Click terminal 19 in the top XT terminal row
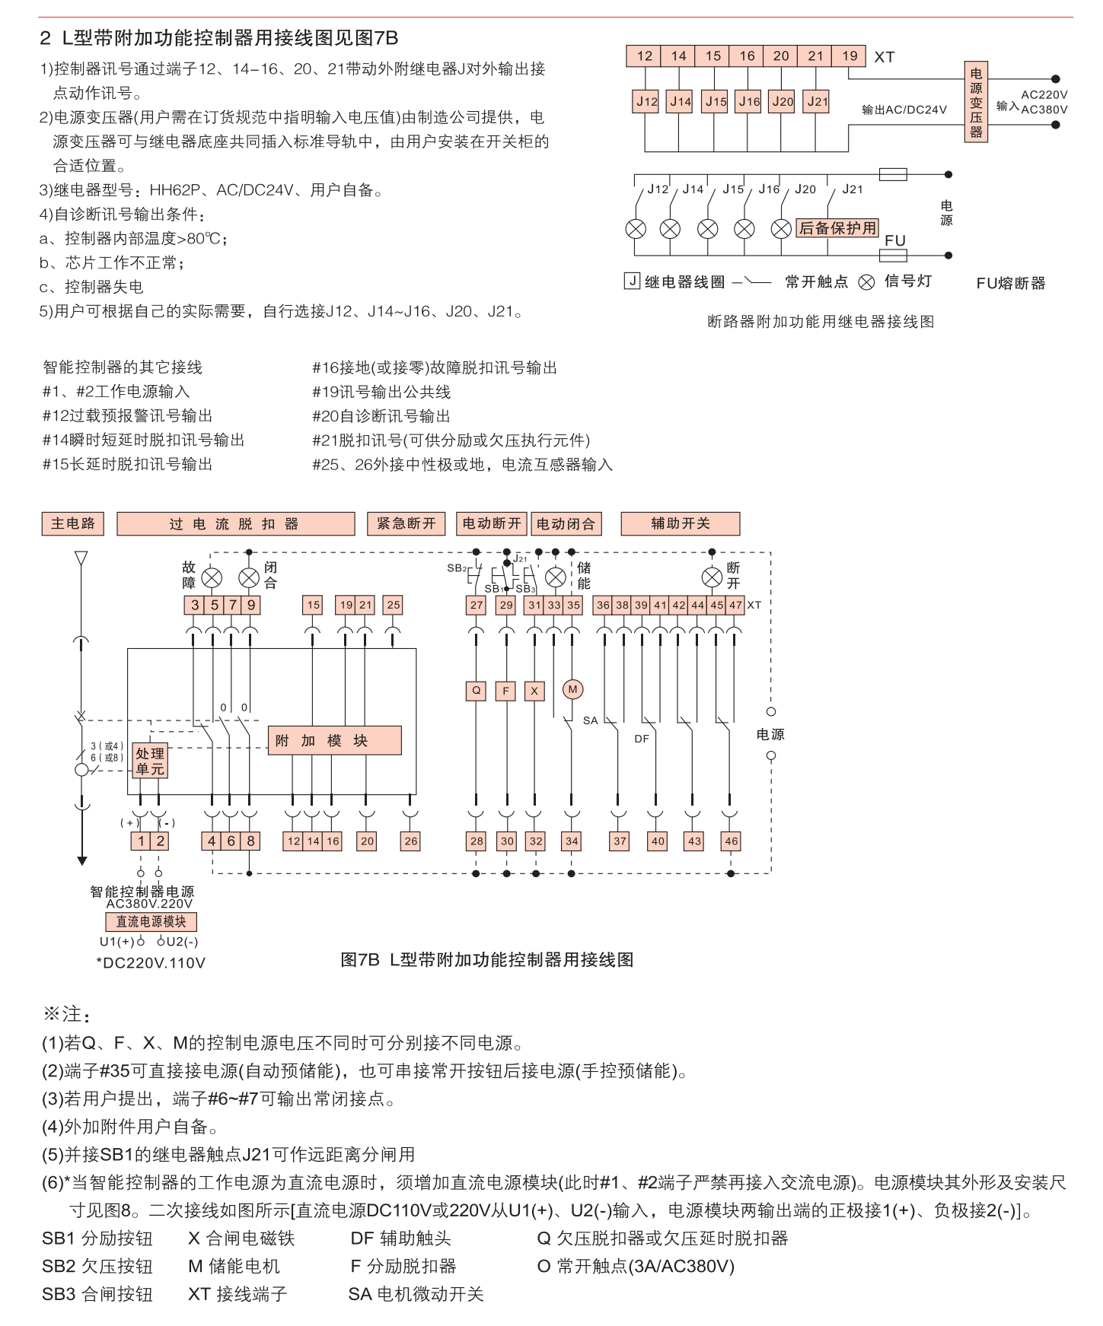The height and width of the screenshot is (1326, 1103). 850,56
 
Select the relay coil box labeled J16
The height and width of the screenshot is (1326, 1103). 749,101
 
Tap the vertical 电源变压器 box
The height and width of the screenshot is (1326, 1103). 976,102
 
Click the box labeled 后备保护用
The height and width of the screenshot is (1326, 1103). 837,228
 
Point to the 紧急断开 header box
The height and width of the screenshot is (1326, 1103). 406,523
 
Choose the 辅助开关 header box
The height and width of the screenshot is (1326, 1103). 680,523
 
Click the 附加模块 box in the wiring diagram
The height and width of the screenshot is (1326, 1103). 334,740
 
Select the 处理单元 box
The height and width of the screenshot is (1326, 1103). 150,761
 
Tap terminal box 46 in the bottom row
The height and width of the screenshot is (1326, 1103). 731,841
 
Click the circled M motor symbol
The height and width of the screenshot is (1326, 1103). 572,689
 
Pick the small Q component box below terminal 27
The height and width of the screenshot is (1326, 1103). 477,691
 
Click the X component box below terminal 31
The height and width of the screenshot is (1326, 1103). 534,691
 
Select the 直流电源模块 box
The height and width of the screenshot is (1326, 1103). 151,921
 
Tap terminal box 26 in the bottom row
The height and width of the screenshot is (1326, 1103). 411,841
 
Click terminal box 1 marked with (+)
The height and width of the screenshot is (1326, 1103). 141,841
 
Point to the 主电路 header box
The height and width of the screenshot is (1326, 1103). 73,523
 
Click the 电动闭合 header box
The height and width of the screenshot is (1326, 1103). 566,523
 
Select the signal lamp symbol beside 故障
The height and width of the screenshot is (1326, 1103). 212,577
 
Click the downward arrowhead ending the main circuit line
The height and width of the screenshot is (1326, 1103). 81,860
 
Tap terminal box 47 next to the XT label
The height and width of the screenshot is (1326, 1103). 735,605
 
